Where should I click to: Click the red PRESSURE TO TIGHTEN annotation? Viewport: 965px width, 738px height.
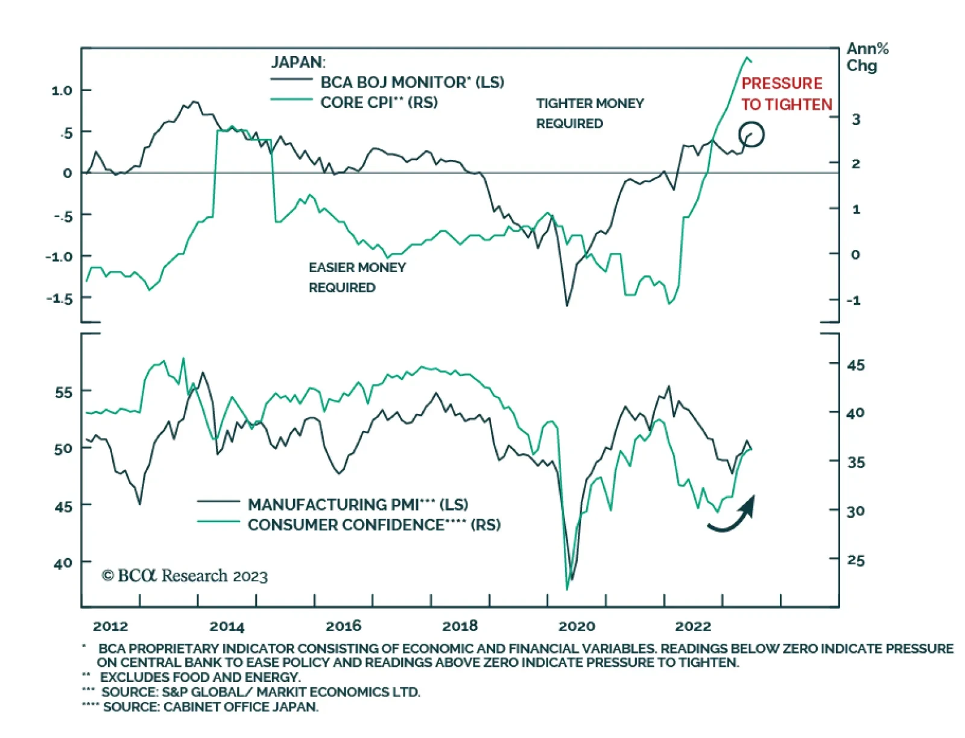click(786, 94)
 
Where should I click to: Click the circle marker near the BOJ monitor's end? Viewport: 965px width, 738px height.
click(751, 135)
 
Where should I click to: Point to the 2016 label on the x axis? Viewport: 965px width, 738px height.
click(343, 626)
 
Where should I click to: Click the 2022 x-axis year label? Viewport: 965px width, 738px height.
click(692, 626)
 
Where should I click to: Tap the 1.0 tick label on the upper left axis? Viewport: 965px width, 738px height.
click(62, 91)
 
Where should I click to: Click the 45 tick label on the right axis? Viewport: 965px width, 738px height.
click(855, 365)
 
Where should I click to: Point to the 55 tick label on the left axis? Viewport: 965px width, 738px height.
click(63, 393)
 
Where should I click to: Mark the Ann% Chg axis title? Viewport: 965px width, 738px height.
click(867, 57)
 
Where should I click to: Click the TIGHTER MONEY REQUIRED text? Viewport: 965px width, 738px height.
click(589, 113)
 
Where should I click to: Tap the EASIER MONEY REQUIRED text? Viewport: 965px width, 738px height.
click(357, 278)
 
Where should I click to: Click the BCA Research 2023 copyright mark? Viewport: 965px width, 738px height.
click(185, 576)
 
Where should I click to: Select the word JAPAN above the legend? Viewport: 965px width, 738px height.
click(297, 62)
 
